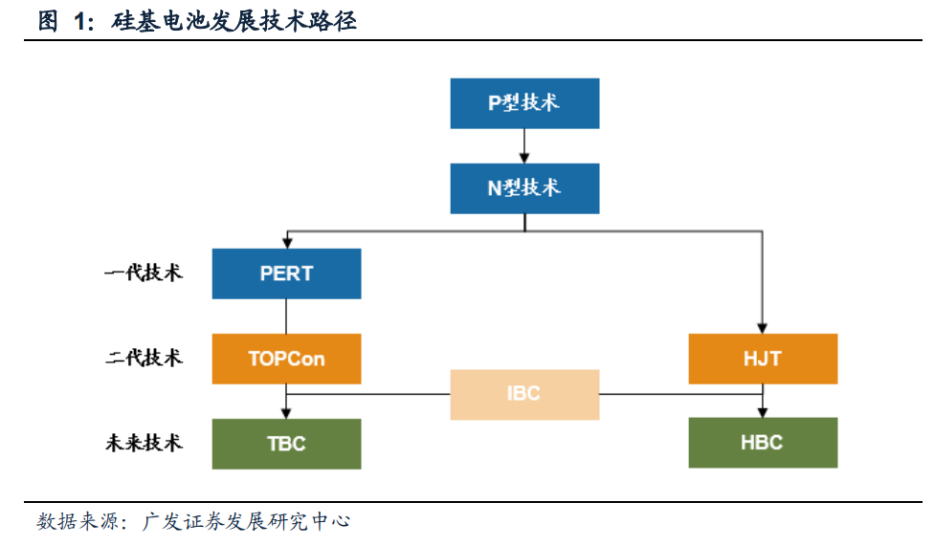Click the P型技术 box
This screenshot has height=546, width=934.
[524, 103]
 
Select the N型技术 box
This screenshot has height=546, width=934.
[524, 188]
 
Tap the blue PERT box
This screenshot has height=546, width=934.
[286, 273]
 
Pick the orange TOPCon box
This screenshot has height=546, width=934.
[286, 359]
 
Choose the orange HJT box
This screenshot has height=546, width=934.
[763, 359]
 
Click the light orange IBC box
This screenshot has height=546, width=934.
[524, 394]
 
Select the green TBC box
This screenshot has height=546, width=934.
[286, 443]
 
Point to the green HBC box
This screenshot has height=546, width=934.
[763, 443]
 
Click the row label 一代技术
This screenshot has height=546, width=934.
[144, 273]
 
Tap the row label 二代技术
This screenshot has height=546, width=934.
[144, 359]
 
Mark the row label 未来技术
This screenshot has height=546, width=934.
[144, 443]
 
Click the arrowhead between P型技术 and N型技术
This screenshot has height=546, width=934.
[524, 158]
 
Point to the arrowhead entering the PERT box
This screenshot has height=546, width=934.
[286, 243]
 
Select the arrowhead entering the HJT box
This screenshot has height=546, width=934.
[763, 328]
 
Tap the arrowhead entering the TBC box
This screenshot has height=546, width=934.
[286, 413]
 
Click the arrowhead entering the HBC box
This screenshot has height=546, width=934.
[763, 413]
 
